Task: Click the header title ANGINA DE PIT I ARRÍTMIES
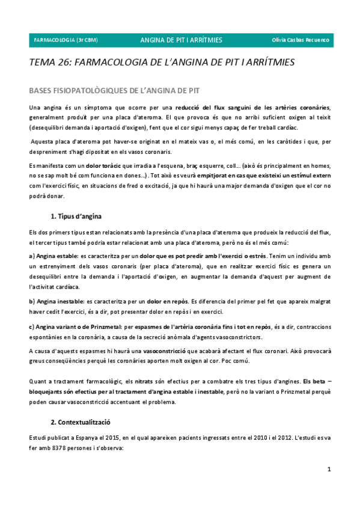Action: [181, 40]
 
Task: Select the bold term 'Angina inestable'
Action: [56, 300]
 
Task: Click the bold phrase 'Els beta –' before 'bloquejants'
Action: [317, 381]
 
